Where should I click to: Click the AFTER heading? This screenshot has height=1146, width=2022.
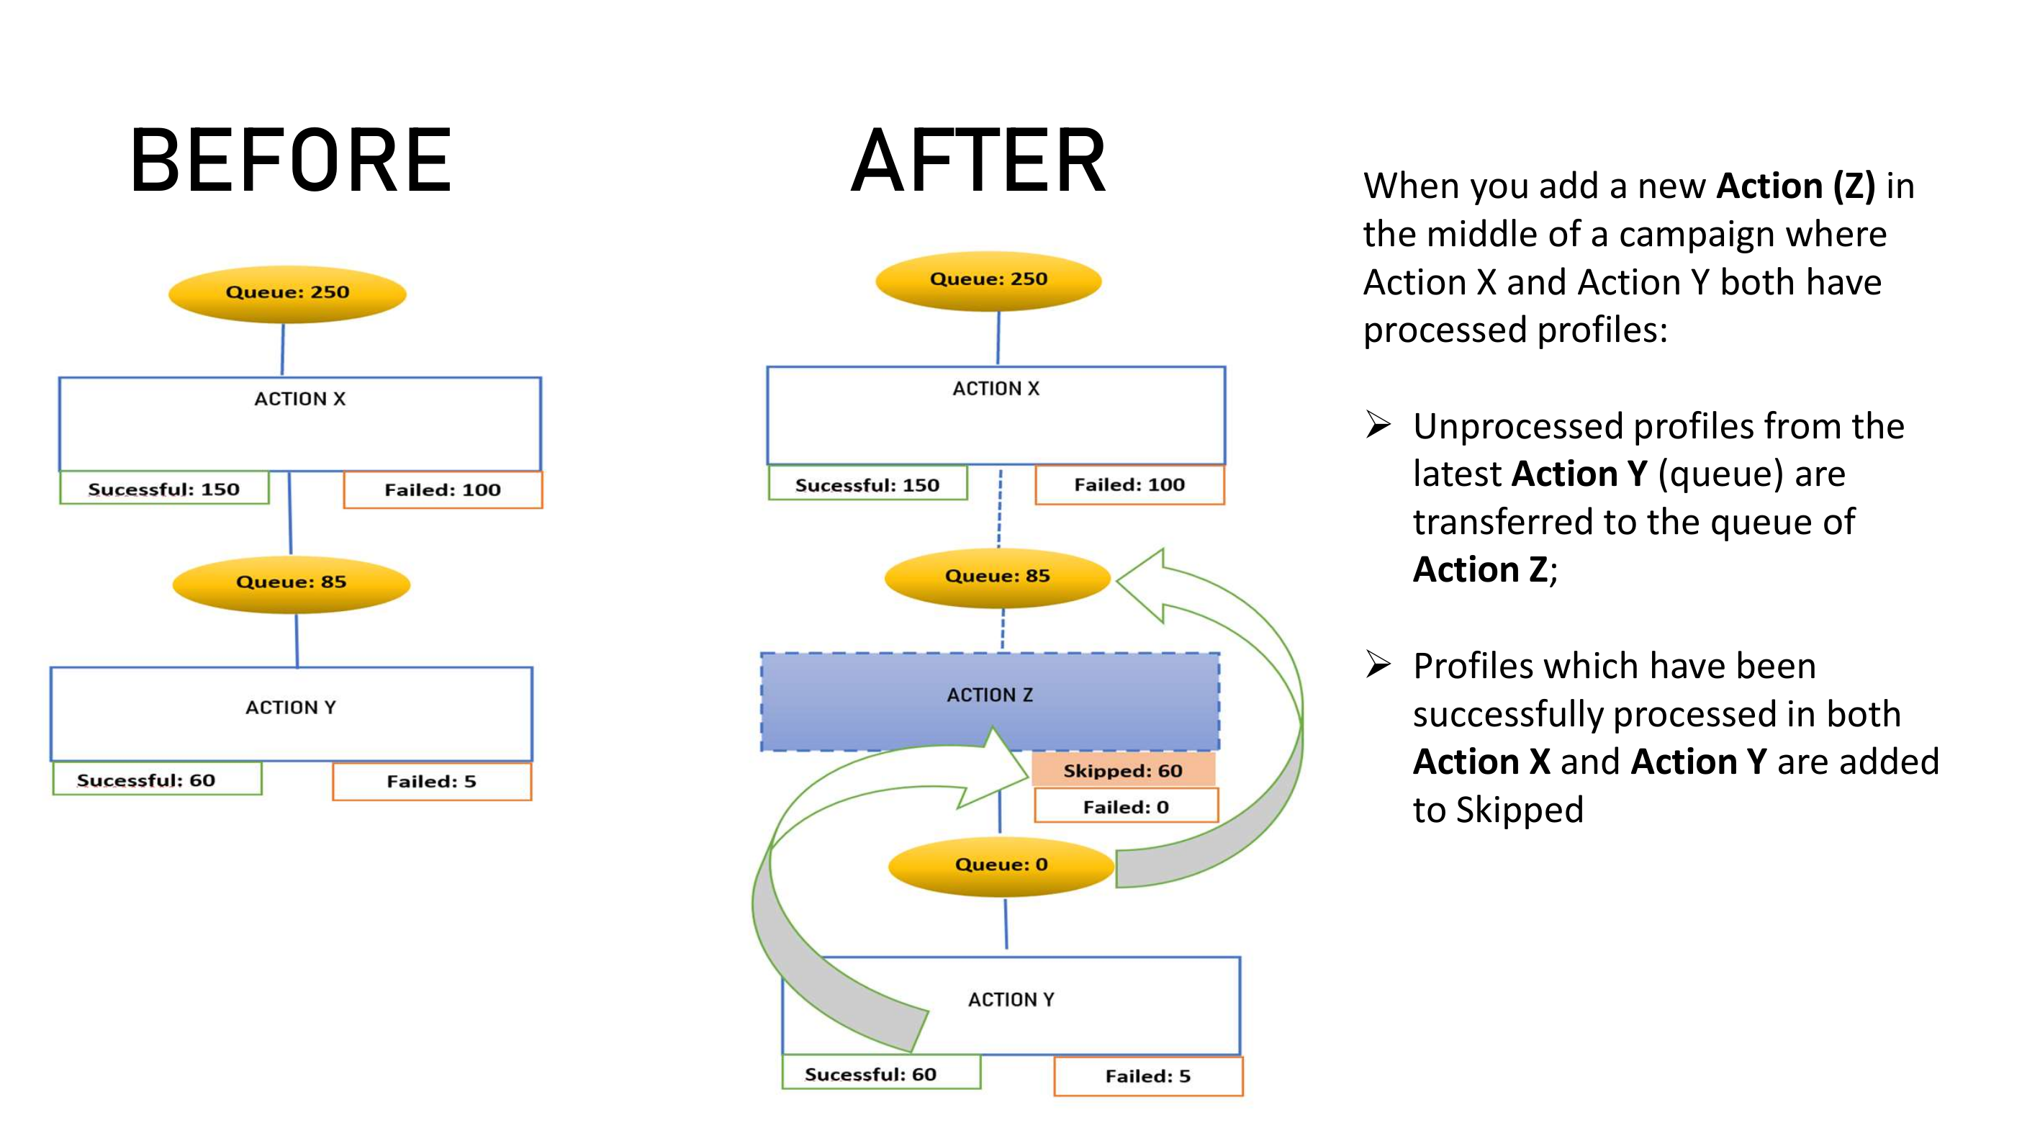[978, 161]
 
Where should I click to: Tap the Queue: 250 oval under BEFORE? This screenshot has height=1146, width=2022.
[287, 293]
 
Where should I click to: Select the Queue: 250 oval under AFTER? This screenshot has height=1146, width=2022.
[988, 279]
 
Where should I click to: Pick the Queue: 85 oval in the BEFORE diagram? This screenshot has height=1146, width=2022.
[292, 582]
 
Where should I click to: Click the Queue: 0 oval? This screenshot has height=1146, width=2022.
[1001, 865]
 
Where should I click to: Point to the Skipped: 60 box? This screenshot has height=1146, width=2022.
[1123, 770]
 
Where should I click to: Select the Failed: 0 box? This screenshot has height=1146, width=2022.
[1127, 808]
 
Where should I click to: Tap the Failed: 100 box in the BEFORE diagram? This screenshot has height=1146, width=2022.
[443, 490]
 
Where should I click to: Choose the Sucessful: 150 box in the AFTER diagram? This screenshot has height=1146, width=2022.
[867, 485]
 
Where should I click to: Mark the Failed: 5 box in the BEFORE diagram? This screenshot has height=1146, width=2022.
[431, 782]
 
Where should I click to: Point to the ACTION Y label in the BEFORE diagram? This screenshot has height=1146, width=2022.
[290, 708]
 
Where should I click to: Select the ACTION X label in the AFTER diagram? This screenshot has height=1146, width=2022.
[996, 389]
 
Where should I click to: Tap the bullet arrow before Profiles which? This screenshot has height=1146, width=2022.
[1378, 665]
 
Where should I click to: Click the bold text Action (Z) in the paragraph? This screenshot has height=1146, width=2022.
[1795, 186]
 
